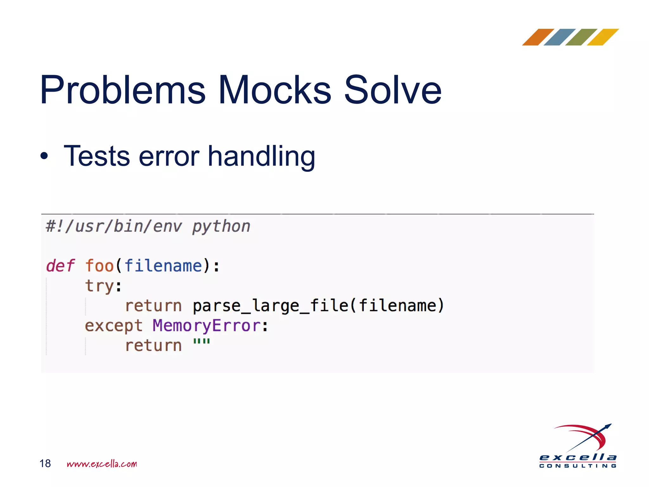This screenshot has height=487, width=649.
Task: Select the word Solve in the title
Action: (x=393, y=90)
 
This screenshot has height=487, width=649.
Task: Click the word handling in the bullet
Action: (x=261, y=157)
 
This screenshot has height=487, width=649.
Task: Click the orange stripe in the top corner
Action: (x=538, y=37)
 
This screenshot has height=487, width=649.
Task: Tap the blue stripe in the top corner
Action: (x=559, y=37)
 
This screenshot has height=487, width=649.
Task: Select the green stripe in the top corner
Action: (x=581, y=37)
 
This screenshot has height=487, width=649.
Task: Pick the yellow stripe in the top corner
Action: (x=602, y=37)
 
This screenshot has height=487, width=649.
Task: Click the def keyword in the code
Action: (x=60, y=266)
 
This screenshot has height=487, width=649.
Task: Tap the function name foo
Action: (x=100, y=266)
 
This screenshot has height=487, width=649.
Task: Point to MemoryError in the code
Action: (x=207, y=326)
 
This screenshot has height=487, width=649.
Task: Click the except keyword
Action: (x=113, y=326)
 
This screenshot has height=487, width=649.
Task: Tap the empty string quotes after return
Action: (x=202, y=342)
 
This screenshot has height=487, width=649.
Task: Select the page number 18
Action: (x=45, y=464)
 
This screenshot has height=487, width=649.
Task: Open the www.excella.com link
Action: (x=102, y=464)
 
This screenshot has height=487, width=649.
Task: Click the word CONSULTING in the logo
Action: (x=578, y=466)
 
